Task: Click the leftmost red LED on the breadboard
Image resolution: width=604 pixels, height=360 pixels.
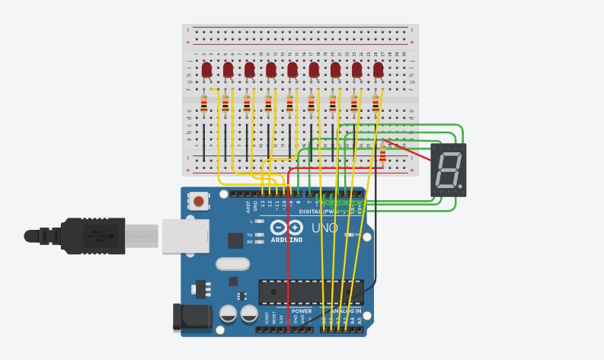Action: click(x=206, y=71)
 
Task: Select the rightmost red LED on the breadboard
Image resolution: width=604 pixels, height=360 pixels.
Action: click(x=379, y=71)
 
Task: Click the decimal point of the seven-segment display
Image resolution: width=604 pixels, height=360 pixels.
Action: click(x=460, y=185)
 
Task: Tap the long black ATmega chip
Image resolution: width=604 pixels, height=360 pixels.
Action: click(x=308, y=292)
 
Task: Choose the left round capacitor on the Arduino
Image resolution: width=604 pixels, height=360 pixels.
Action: click(x=228, y=314)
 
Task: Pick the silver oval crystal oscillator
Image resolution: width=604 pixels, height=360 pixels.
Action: click(x=232, y=265)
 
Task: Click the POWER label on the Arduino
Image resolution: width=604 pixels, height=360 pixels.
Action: click(x=302, y=311)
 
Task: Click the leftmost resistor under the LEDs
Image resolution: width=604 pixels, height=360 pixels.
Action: click(x=203, y=104)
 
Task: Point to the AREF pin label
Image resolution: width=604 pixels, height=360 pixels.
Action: click(x=248, y=205)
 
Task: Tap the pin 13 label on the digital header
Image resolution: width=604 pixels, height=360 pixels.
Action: click(x=263, y=205)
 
